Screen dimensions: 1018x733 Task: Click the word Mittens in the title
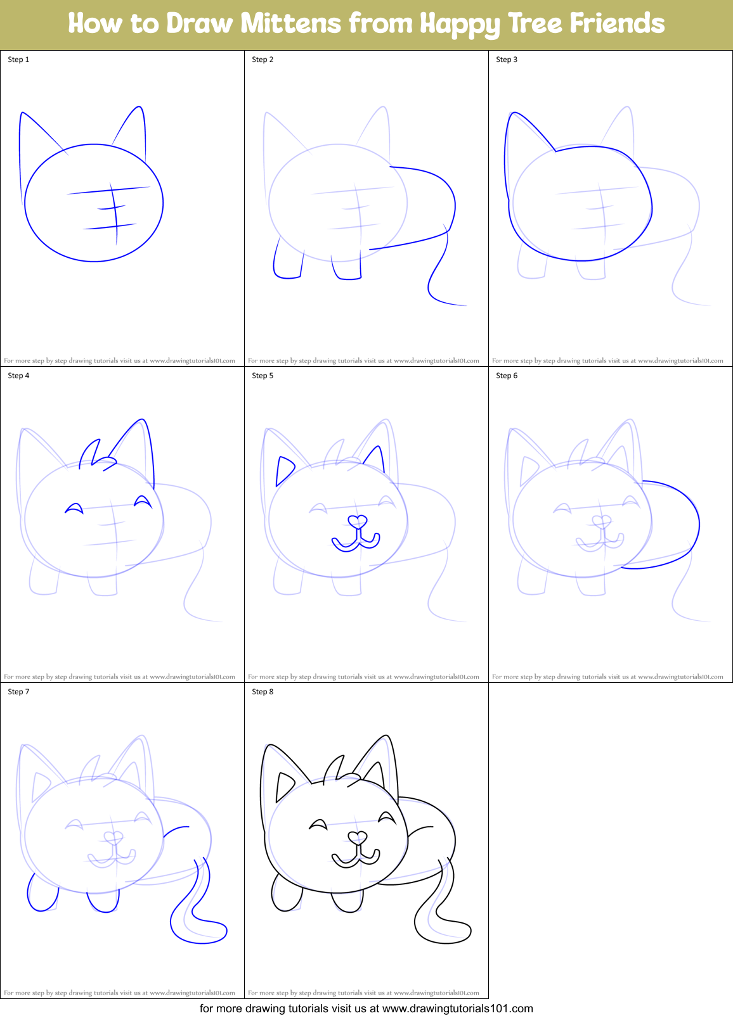(x=291, y=24)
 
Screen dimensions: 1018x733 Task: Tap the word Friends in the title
(x=616, y=24)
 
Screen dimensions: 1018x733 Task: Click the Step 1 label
(x=18, y=60)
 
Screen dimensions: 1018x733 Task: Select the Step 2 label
(x=263, y=60)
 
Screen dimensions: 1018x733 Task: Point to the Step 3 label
(x=507, y=60)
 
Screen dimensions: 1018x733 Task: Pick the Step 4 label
(x=18, y=376)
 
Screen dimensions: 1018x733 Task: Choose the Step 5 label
(x=263, y=376)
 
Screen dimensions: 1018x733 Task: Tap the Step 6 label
(x=507, y=376)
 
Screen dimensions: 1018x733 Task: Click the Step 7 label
(x=18, y=692)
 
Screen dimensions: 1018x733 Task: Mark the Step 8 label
(x=263, y=692)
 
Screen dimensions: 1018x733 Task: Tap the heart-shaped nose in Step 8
(x=358, y=838)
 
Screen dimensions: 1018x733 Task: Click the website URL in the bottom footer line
(x=458, y=1008)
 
